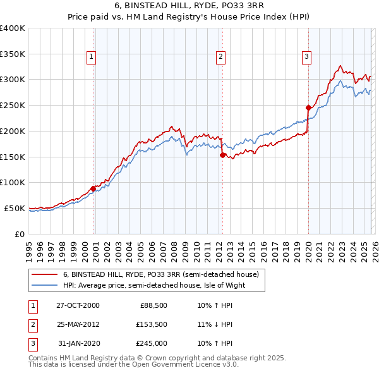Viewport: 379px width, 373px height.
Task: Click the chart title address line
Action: click(189, 6)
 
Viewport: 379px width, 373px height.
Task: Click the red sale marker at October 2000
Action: click(93, 188)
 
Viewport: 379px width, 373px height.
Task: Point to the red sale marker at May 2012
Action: click(222, 154)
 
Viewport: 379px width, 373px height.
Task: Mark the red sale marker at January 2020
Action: click(308, 107)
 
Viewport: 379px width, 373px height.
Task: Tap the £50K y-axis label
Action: click(15, 208)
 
